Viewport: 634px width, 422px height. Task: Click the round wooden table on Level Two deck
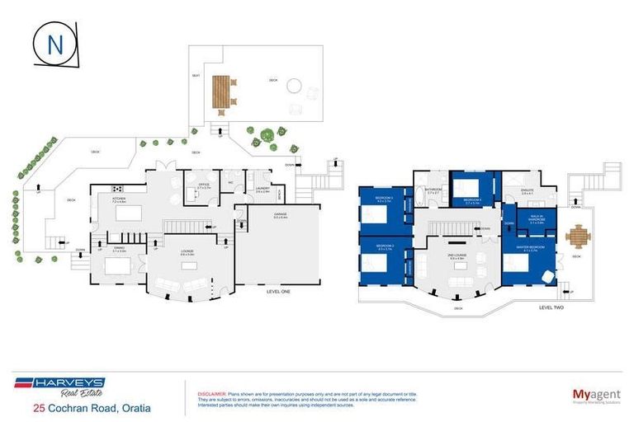coord(579,238)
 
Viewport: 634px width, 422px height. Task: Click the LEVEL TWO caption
coord(551,307)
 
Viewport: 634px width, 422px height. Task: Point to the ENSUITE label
coord(515,191)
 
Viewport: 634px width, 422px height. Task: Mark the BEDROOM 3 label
coord(383,199)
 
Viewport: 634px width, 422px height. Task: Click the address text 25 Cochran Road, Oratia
coord(92,407)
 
